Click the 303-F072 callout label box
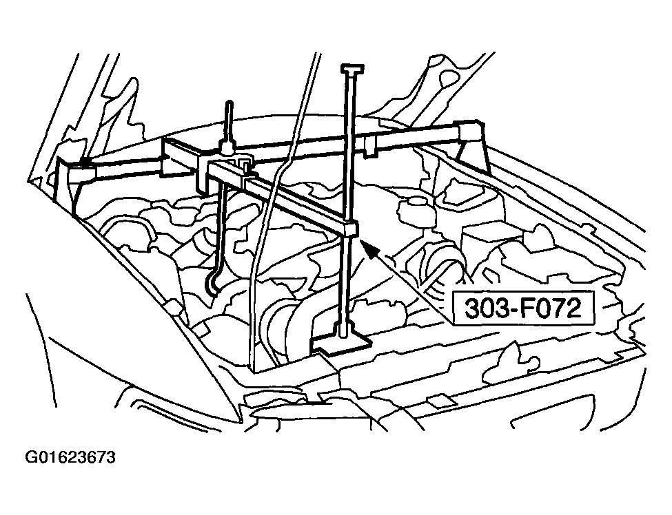pos(524,308)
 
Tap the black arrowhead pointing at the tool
pos(371,249)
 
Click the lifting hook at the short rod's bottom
pos(212,284)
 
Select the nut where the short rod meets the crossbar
pos(227,148)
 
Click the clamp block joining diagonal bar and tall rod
pos(351,230)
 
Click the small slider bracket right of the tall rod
pos(369,145)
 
